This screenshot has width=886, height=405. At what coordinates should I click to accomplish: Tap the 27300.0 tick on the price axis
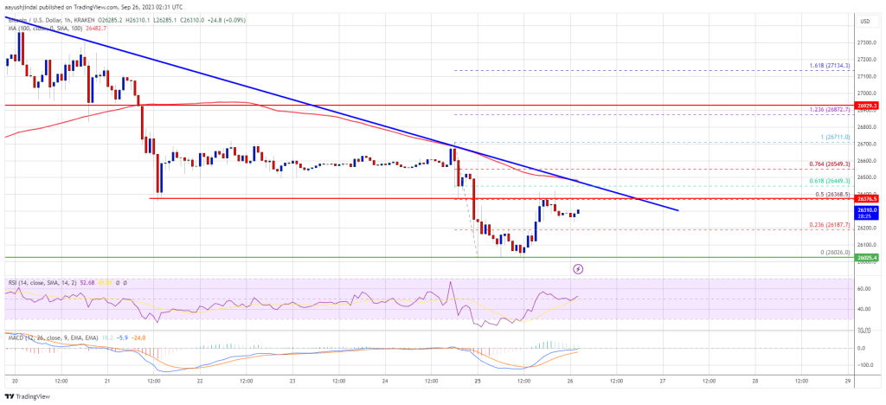(866, 42)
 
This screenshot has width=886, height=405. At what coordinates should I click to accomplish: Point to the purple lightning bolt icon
(578, 269)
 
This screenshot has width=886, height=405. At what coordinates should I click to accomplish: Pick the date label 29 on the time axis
(849, 382)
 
